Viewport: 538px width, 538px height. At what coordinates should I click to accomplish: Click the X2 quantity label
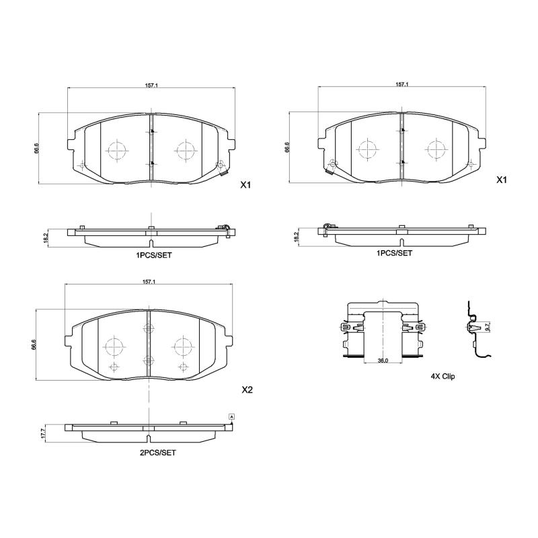click(x=247, y=390)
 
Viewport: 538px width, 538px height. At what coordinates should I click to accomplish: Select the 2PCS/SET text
click(x=157, y=453)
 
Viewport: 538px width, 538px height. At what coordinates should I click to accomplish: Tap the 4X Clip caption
click(x=443, y=377)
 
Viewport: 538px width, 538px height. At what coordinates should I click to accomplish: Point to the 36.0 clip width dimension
click(x=383, y=361)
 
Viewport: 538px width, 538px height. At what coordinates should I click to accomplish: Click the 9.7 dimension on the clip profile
click(x=488, y=326)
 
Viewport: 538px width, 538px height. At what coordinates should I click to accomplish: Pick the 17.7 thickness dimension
click(x=43, y=434)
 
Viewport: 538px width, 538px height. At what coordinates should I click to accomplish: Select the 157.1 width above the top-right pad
click(x=401, y=85)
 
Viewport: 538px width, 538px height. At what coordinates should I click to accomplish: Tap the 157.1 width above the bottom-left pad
click(x=149, y=281)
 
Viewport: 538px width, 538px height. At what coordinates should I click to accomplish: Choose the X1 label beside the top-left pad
click(x=245, y=184)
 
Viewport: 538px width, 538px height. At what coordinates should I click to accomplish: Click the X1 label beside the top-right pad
click(x=500, y=180)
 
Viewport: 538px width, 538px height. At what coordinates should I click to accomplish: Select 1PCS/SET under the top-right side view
click(x=394, y=253)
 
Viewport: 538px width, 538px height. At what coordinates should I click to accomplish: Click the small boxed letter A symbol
click(x=232, y=418)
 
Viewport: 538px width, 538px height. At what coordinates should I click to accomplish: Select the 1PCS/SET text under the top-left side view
click(x=154, y=256)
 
